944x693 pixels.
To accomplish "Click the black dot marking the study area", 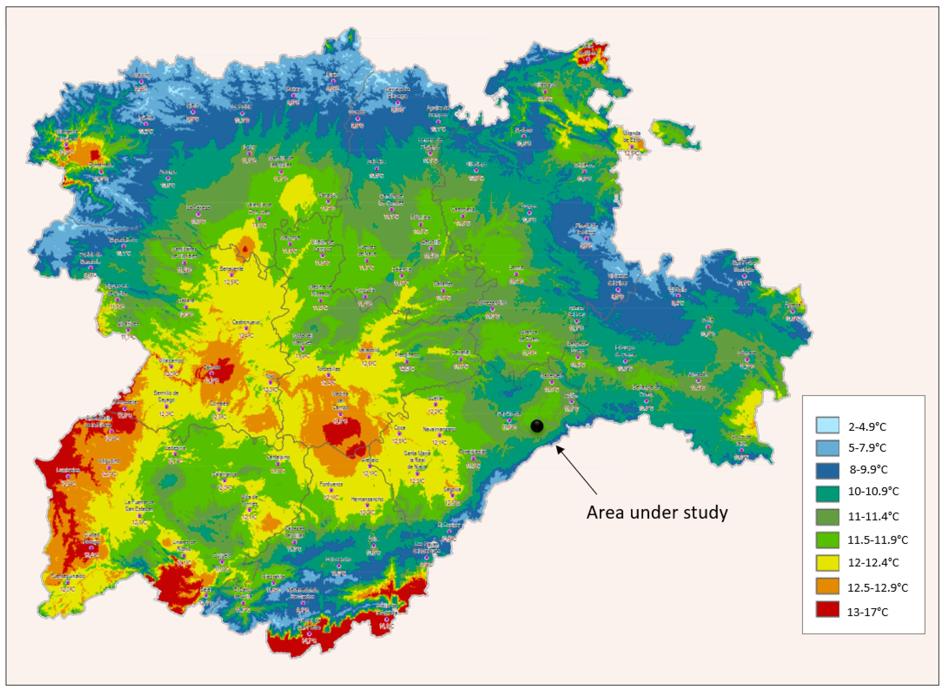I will coord(536,426).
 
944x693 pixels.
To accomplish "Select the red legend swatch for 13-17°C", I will coord(827,609).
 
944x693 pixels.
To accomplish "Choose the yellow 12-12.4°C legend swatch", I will coord(827,563).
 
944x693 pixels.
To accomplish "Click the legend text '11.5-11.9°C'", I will coord(877,540).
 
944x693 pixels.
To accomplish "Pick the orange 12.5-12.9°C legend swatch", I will coord(827,586).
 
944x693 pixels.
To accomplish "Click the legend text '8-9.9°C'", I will coord(868,469).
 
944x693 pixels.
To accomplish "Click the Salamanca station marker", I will coord(224,481).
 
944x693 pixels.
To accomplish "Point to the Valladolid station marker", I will coord(369,357).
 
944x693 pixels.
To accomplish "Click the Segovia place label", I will coord(452,489).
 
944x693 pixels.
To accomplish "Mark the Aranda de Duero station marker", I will coord(529,346).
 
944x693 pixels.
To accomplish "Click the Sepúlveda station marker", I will coord(509,420).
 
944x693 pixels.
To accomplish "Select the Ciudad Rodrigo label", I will coord(91,538).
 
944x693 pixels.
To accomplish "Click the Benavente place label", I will coord(231,269).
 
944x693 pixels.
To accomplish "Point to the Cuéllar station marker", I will coord(435,404).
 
